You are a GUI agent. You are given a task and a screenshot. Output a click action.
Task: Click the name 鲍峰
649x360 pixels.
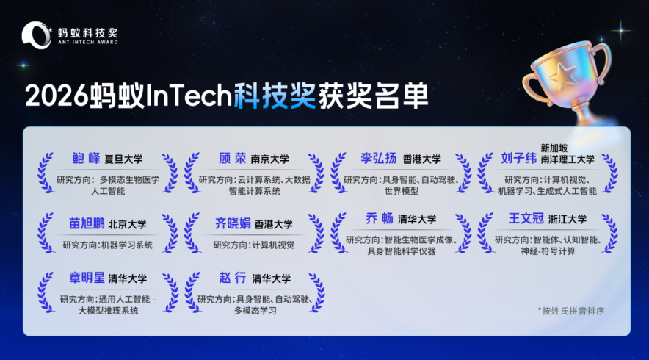[x=86, y=158]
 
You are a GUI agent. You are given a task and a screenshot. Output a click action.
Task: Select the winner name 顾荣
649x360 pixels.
[x=232, y=158]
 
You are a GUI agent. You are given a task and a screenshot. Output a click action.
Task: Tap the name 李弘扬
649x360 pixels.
[x=378, y=158]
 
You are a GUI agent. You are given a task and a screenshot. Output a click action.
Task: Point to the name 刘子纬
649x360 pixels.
[x=518, y=158]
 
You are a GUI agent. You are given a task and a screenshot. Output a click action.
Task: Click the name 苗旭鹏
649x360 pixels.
[x=87, y=223]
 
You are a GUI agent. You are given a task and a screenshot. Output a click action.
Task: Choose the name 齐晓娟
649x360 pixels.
[x=233, y=223]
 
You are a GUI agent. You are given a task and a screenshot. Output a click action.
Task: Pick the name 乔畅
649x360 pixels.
[x=379, y=218]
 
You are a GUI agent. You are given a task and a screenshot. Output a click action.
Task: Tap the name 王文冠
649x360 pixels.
[x=526, y=218]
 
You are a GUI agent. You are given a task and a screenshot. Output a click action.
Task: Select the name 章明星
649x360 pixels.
[x=87, y=278]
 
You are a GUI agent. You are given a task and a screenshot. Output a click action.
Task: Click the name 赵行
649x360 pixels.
[x=233, y=278]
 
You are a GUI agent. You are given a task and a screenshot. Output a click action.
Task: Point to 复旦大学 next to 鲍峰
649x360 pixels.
[x=123, y=159]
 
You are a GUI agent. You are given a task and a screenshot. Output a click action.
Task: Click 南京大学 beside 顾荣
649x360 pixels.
[x=270, y=159]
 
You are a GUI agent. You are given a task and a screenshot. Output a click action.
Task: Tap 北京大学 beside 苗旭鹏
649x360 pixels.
[x=128, y=225]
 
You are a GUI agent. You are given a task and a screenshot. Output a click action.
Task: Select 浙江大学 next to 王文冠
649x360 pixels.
[x=568, y=219]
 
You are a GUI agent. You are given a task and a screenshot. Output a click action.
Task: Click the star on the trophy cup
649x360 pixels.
[x=563, y=76]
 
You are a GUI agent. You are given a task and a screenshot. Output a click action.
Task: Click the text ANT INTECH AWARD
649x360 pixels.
[x=88, y=42]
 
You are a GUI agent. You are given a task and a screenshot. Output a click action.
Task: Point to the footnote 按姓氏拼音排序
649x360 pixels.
[x=573, y=311]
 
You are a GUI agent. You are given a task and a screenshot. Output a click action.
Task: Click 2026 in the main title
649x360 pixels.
[x=57, y=96]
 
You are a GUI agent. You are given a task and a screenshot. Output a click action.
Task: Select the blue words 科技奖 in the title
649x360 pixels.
[x=275, y=96]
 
